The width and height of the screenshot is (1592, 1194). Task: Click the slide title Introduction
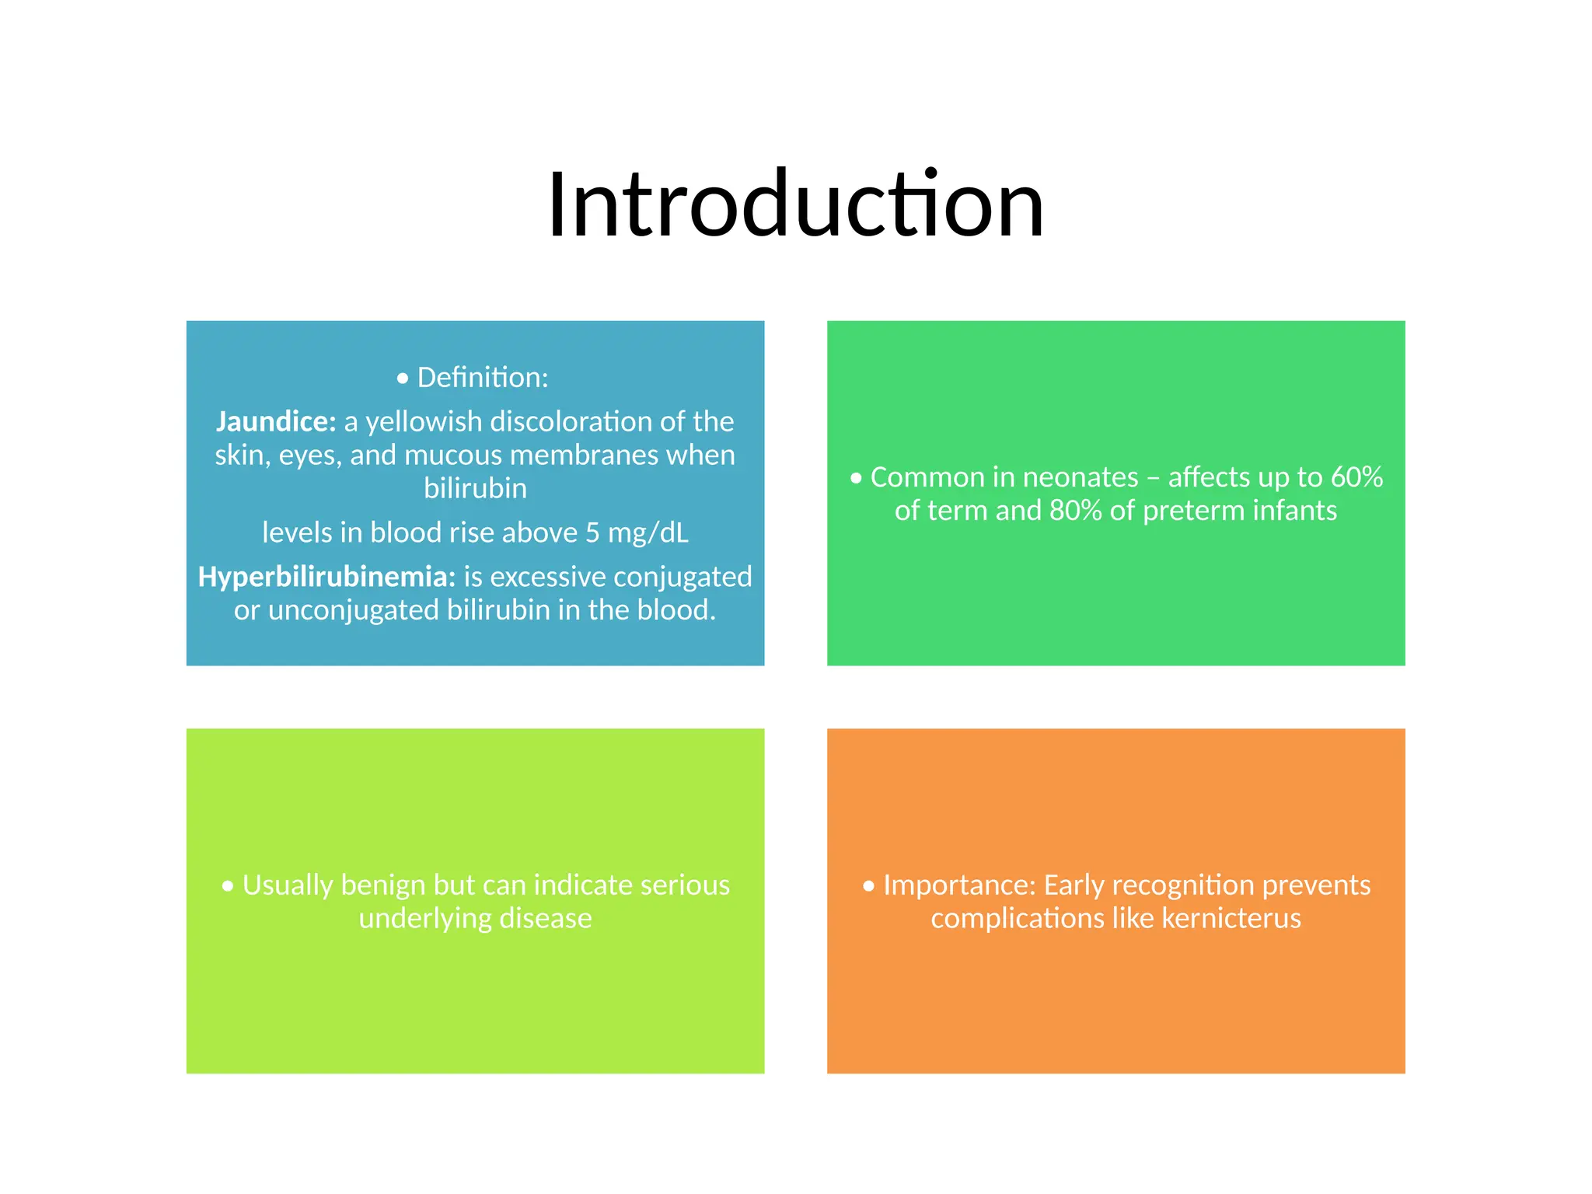[x=795, y=204]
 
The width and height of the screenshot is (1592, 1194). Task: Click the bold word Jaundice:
[x=276, y=421]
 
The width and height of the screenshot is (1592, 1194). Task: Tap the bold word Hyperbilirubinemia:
[x=326, y=577]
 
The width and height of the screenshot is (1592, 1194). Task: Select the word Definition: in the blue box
[x=483, y=378]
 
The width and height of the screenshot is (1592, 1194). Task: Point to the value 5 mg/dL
[x=637, y=532]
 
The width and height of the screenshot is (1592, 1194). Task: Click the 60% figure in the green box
[x=1356, y=477]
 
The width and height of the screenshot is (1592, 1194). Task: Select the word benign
[x=382, y=885]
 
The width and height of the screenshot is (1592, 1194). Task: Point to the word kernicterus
[x=1231, y=919]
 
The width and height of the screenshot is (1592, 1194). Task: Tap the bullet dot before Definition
[x=402, y=379]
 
